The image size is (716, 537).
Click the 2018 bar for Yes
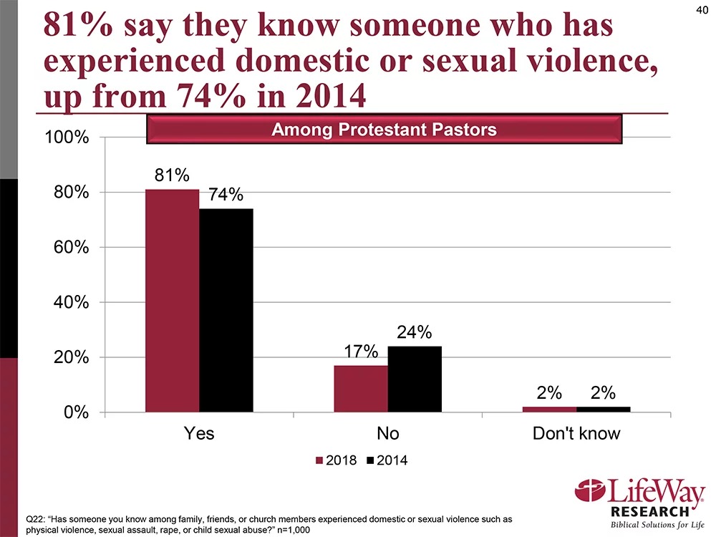click(x=172, y=301)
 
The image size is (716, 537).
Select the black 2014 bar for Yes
click(x=226, y=310)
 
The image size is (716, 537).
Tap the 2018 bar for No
click(x=361, y=389)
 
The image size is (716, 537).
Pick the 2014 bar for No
click(x=415, y=379)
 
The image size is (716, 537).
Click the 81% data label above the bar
click(x=172, y=175)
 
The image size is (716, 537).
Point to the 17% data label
click(x=361, y=352)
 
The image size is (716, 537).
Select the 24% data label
click(x=415, y=332)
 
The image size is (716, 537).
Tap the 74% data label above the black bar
click(x=226, y=195)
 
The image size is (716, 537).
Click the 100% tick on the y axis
click(x=68, y=138)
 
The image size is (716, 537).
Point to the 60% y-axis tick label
click(x=72, y=248)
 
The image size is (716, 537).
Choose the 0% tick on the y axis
click(x=76, y=413)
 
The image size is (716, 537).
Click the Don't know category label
click(x=576, y=434)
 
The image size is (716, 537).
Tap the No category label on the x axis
click(x=387, y=434)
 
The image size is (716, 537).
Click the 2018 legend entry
click(x=335, y=460)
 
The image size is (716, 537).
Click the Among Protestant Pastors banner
click(x=384, y=130)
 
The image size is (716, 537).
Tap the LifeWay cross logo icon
click(x=590, y=493)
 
